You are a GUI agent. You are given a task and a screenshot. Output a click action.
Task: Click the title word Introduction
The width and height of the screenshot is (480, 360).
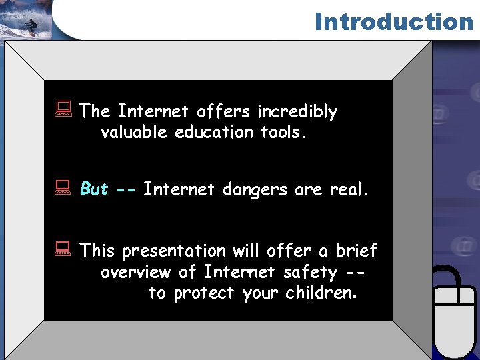393,21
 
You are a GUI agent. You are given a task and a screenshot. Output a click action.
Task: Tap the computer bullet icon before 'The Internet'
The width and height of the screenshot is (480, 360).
64,111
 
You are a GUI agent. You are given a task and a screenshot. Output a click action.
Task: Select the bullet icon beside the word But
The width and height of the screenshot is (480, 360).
64,189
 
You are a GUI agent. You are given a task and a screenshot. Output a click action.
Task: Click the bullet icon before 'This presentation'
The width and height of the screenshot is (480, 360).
64,250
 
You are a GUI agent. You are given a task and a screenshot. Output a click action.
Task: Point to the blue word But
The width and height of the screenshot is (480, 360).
94,189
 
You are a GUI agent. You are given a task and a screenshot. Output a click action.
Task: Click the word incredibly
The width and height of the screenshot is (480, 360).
297,112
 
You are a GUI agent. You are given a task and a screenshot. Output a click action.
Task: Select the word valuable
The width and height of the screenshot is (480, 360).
135,133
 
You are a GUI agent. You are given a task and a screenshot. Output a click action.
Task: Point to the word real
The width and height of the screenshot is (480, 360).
349,190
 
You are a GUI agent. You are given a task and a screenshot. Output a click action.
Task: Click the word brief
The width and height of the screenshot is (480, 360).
357,251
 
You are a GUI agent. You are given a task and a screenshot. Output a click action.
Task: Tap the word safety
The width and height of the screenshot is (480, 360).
310,273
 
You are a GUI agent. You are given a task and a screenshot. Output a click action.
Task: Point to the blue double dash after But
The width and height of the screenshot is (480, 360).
126,190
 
